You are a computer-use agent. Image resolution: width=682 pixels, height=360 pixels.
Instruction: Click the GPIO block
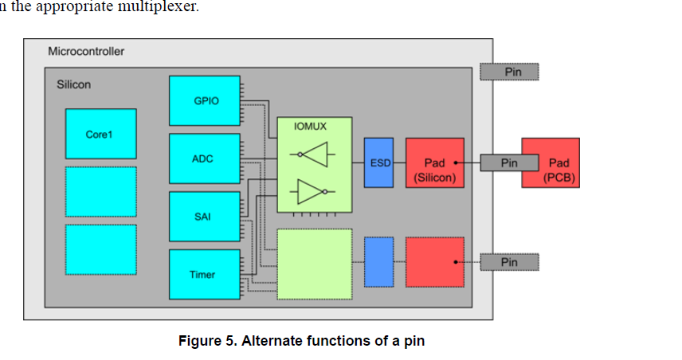coord(205,101)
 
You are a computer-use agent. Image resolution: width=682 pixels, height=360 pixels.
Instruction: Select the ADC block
coord(205,158)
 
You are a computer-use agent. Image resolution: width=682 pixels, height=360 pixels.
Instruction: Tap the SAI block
coord(205,216)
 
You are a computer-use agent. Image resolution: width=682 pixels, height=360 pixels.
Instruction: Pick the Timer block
coord(205,274)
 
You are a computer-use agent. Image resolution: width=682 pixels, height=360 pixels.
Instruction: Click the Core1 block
coord(100,134)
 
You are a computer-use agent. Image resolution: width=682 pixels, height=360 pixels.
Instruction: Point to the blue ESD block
coord(378,162)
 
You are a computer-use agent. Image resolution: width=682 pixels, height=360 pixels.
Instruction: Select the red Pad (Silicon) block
coord(434,163)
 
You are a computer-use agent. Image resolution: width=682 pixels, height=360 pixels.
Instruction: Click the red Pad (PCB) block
coord(551,163)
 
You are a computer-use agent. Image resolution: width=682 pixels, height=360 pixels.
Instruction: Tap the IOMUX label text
coord(310,126)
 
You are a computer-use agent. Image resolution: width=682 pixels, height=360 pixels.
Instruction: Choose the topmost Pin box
coord(509,72)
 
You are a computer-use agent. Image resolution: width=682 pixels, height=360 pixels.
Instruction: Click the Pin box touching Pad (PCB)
coord(509,163)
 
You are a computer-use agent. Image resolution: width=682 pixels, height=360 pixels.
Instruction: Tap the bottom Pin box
coord(509,262)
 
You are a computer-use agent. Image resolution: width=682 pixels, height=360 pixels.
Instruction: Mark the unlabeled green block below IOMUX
coord(314,263)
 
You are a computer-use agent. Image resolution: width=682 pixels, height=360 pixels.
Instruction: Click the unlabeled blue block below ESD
coord(378,261)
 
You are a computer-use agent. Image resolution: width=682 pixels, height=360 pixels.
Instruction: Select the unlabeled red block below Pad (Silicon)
coord(434,261)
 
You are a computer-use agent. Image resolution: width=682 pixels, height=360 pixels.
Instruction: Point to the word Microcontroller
coord(86,52)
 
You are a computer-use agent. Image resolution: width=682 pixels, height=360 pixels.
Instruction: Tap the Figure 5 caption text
coord(301,341)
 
